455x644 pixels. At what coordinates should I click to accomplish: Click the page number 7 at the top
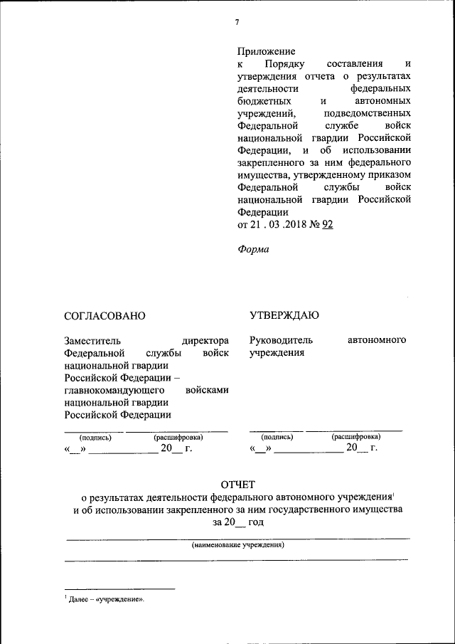236,22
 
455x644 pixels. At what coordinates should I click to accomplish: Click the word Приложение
266,51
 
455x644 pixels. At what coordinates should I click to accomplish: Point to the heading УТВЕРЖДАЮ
284,315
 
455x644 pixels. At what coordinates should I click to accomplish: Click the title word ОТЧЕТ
237,485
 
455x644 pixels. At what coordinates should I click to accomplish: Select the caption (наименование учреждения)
237,545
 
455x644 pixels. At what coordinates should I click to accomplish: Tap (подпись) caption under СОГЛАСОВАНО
95,437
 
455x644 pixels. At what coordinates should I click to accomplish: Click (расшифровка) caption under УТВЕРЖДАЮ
355,436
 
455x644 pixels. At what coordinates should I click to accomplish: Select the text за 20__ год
237,522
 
